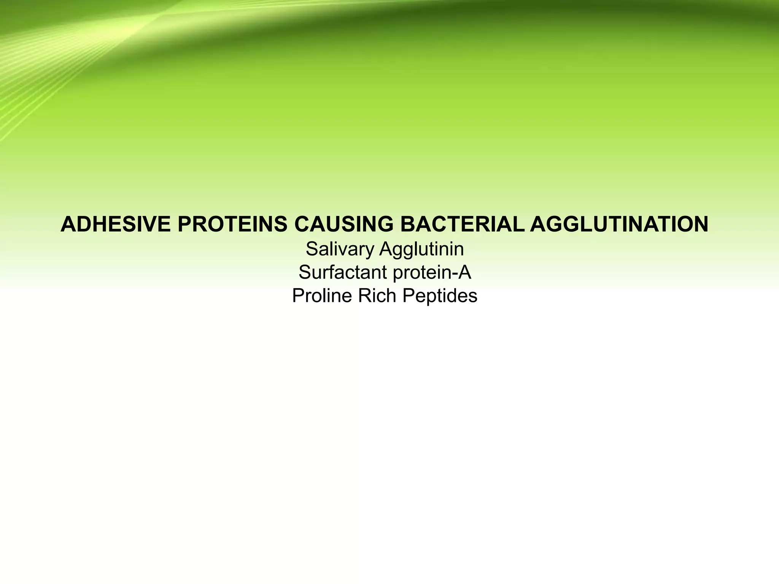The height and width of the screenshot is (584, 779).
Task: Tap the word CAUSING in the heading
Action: tap(344, 224)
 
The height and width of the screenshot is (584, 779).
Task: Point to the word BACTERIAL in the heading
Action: tap(462, 224)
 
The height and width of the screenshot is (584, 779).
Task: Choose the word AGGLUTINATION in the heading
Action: tap(619, 224)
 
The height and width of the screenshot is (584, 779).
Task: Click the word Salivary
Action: tap(340, 250)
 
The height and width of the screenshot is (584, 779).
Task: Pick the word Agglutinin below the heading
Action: tap(421, 250)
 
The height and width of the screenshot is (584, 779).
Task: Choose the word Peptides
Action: tap(440, 296)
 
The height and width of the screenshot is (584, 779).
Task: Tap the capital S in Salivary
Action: tap(312, 250)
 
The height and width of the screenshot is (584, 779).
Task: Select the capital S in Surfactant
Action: tap(305, 273)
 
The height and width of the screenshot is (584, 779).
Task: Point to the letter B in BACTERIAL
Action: tap(407, 224)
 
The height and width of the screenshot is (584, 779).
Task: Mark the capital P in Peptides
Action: tap(408, 296)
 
